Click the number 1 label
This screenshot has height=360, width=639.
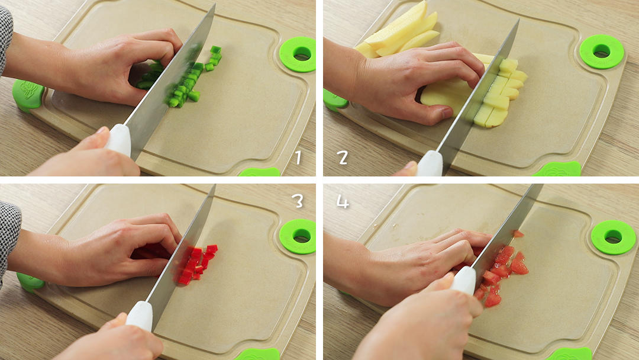[299, 157]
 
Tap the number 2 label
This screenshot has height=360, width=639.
[343, 157]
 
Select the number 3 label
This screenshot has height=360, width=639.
[298, 200]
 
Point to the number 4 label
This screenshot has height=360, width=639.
[342, 201]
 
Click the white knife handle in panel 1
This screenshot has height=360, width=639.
[120, 140]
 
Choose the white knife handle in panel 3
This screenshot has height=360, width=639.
[140, 316]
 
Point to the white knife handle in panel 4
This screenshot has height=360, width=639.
[464, 281]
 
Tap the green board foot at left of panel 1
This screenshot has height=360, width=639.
[27, 95]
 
